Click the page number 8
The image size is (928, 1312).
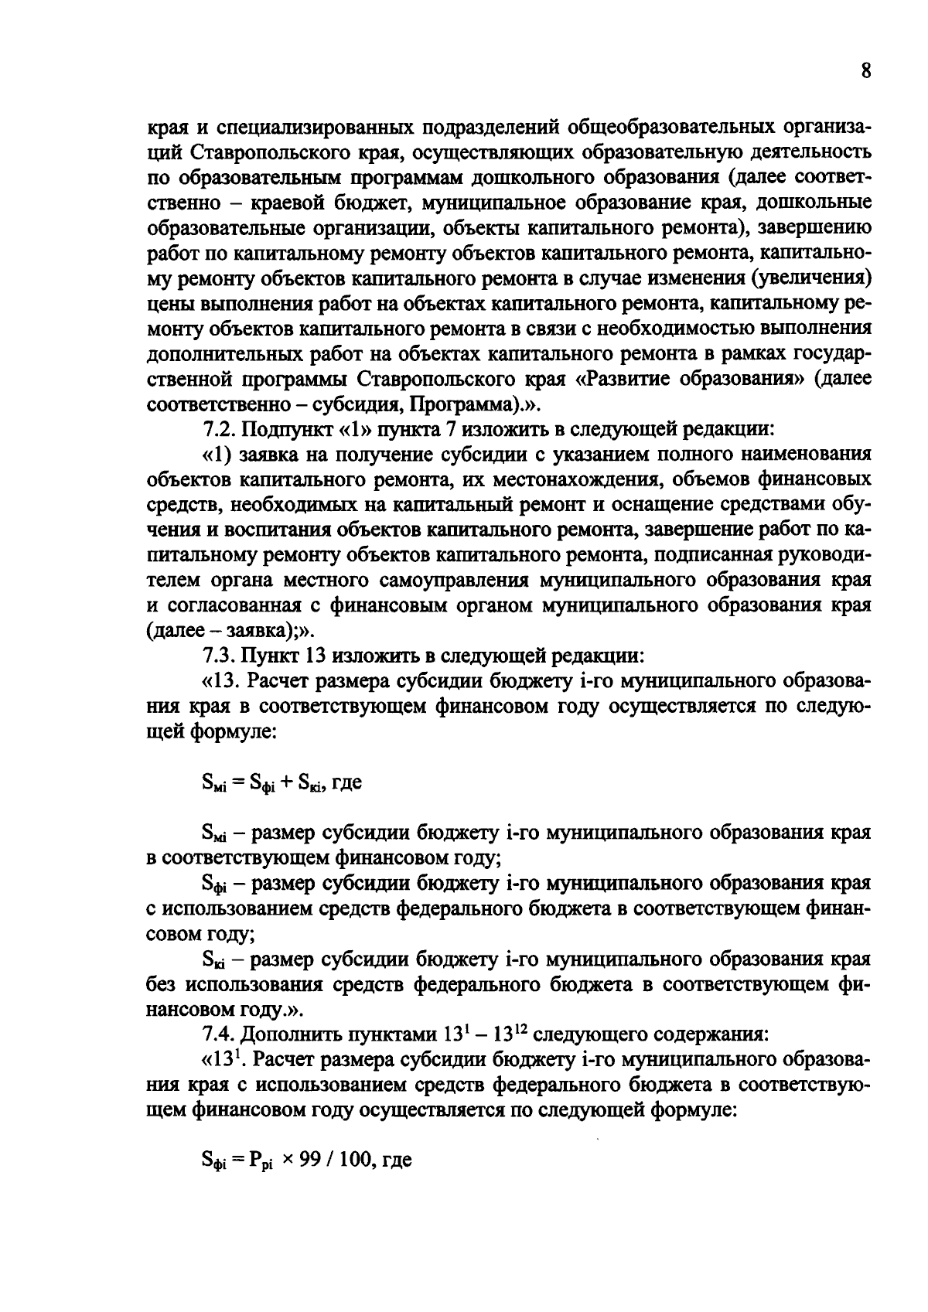[x=865, y=71]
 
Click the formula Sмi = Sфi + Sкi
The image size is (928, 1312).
[x=259, y=782]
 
